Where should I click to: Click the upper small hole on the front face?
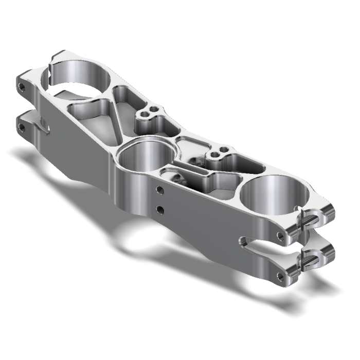(160, 190)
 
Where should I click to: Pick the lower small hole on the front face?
(160, 209)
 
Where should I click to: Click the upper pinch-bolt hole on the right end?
(280, 236)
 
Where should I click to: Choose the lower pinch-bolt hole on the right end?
(280, 276)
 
